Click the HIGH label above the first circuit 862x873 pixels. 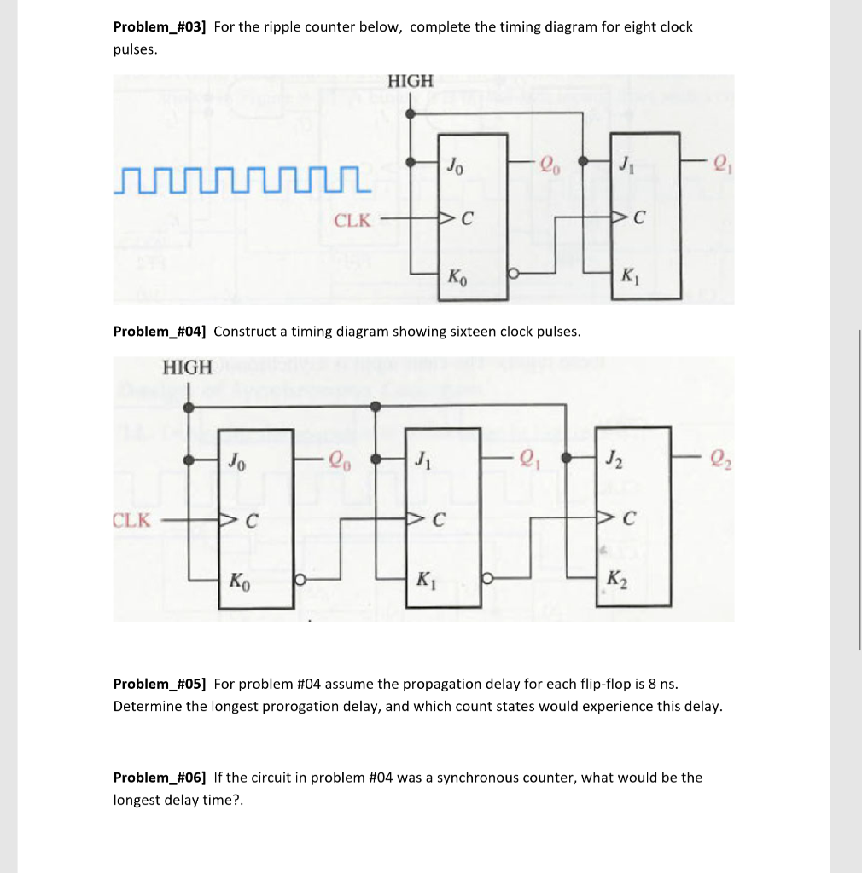411,81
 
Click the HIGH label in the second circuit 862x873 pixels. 187,367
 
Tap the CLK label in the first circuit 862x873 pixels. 352,221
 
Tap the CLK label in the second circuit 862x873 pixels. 131,520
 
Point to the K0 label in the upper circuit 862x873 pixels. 457,278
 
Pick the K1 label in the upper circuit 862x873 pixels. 628,276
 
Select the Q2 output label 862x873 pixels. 719,463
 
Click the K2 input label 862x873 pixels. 615,581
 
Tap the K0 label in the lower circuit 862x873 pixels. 238,581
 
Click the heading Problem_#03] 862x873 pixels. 160,27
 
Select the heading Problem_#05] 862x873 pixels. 160,684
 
